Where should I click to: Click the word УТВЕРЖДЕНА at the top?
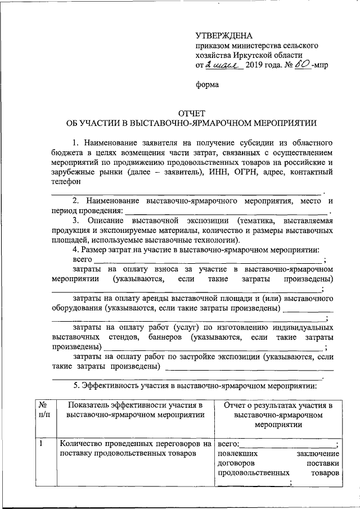click(221, 35)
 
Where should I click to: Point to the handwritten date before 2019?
click(224, 66)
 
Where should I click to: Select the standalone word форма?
click(207, 85)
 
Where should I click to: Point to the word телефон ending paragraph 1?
click(67, 182)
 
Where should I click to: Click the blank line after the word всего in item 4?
click(208, 262)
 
